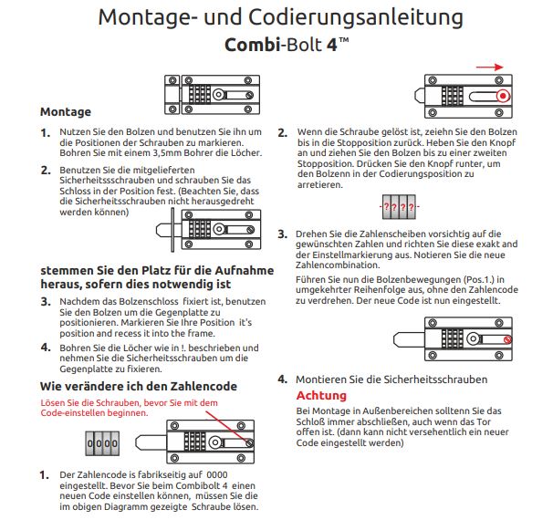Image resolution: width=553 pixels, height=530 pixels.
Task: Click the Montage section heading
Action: click(x=66, y=112)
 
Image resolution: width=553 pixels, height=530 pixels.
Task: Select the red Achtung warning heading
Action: click(x=321, y=395)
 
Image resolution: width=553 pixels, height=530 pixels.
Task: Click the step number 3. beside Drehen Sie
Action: click(x=283, y=234)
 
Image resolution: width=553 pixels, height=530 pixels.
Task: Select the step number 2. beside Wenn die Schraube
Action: click(x=283, y=131)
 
